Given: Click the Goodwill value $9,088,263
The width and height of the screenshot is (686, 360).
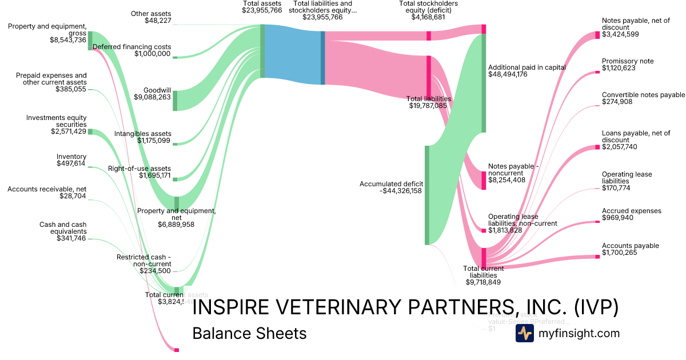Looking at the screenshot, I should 153,97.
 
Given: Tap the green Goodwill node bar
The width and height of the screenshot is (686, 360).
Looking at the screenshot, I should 175,100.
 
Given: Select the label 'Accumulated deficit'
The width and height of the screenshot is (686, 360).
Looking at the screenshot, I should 390,183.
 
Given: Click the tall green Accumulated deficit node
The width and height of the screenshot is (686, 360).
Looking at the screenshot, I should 426,195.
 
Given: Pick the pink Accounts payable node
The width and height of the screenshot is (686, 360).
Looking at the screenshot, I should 597,257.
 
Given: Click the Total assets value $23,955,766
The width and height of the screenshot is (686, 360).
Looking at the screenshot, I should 262,10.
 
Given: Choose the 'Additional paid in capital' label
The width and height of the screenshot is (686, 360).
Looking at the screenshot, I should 527,67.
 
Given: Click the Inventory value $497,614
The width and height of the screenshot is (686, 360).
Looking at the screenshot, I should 71,163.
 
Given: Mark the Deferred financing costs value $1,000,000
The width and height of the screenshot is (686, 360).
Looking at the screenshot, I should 153,54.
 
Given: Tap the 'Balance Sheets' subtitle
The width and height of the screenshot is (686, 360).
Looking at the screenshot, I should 249,333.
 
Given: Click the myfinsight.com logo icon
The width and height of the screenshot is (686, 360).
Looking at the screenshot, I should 524,333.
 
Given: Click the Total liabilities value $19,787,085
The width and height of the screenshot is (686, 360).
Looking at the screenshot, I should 429,105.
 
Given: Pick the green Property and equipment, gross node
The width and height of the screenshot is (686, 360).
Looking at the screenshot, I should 90,41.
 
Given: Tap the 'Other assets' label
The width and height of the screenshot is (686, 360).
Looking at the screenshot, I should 151,14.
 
